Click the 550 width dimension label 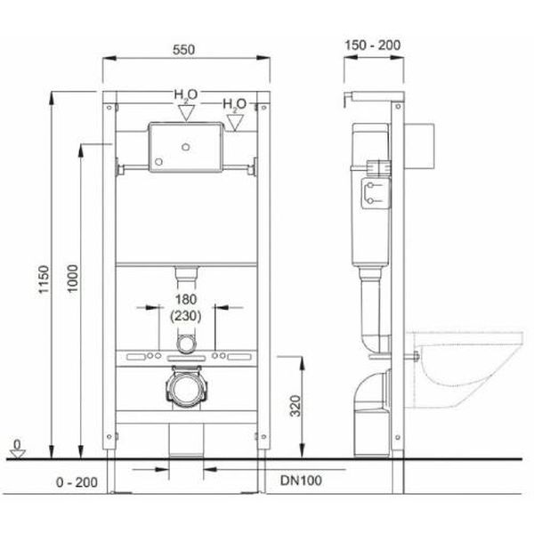(183, 50)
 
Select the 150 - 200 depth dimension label (373, 45)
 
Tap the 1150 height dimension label (44, 279)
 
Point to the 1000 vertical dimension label (73, 279)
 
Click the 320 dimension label (295, 406)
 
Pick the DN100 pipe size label (301, 481)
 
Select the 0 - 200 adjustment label (77, 482)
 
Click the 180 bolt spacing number (186, 300)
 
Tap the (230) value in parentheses (186, 316)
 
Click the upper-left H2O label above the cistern (186, 95)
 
